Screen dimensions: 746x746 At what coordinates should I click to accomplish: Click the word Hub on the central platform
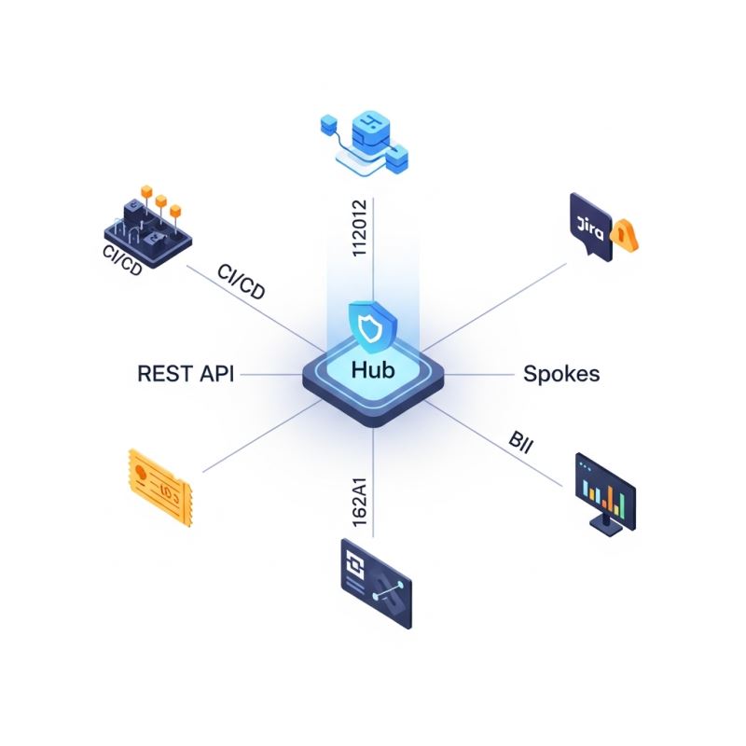[373, 370]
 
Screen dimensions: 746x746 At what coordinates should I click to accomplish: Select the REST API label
[186, 374]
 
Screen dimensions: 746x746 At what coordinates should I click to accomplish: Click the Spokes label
[560, 374]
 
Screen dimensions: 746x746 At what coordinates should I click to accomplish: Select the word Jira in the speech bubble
[588, 224]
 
